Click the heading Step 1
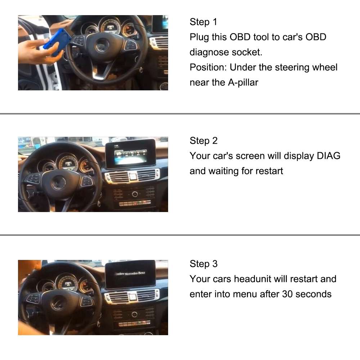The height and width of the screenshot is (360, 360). [x=203, y=22]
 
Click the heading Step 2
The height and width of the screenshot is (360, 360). [x=203, y=140]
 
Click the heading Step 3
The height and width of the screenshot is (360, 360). [x=203, y=264]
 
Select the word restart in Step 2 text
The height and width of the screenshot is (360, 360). [x=269, y=171]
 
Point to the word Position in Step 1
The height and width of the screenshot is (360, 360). [x=207, y=67]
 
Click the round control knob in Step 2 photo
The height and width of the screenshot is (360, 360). [x=135, y=194]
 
